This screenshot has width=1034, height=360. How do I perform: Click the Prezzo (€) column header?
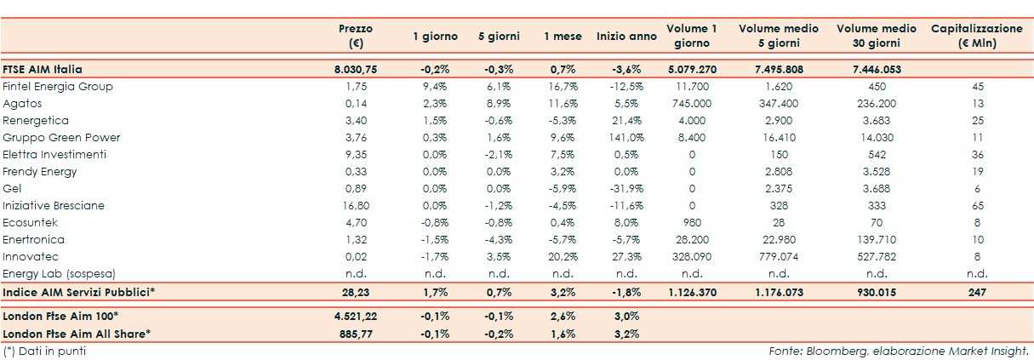coord(355,37)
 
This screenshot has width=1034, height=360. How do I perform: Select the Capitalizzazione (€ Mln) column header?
coord(976,37)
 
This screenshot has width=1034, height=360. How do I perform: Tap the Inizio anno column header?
coord(626,37)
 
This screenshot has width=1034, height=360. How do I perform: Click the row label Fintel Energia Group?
coord(58,87)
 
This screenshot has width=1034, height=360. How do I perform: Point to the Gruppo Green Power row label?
coord(61,138)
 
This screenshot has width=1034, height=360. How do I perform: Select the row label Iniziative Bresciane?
coord(54,206)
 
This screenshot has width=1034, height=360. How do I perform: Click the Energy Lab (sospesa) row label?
coord(59,274)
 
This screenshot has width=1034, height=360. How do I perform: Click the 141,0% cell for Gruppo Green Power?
coord(626,138)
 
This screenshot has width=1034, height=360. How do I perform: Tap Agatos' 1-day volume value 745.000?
coord(691,104)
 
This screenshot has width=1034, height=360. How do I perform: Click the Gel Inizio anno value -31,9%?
coord(626,189)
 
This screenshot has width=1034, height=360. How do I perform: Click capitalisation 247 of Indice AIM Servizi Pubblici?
coord(976,293)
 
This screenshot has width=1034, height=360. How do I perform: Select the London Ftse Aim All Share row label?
coord(77,334)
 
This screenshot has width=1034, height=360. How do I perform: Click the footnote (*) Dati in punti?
coord(44,351)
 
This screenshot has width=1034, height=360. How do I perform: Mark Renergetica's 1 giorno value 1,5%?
coord(435,121)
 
